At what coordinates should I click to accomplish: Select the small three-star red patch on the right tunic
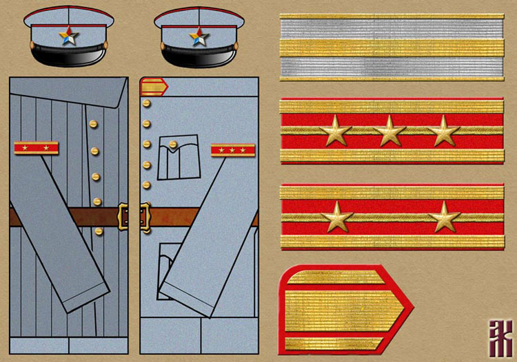pos(232,149)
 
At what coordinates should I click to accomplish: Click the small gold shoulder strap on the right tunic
pos(154,87)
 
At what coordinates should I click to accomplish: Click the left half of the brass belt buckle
pos(125,216)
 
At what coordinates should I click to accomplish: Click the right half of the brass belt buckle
pos(145,216)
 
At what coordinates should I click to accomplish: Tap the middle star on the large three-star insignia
pos(389,130)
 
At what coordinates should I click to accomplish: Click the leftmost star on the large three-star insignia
pos(336,130)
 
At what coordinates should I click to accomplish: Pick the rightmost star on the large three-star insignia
pos(443,130)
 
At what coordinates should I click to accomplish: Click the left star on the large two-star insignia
pos(336,217)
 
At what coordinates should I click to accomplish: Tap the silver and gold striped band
pos(392,47)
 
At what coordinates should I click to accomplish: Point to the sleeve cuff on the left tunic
pos(86,292)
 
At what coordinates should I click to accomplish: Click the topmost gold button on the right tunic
pos(146,104)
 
